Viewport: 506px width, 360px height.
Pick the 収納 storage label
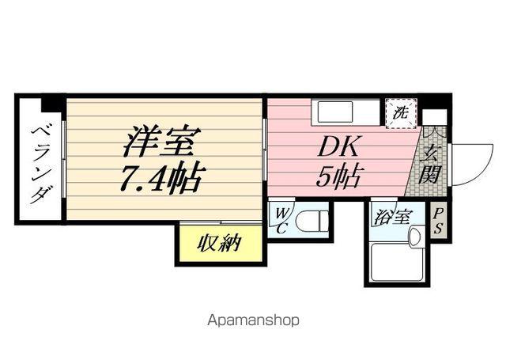(x=218, y=243)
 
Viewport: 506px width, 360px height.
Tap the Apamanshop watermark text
(x=253, y=321)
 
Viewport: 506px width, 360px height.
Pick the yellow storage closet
(x=218, y=243)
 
